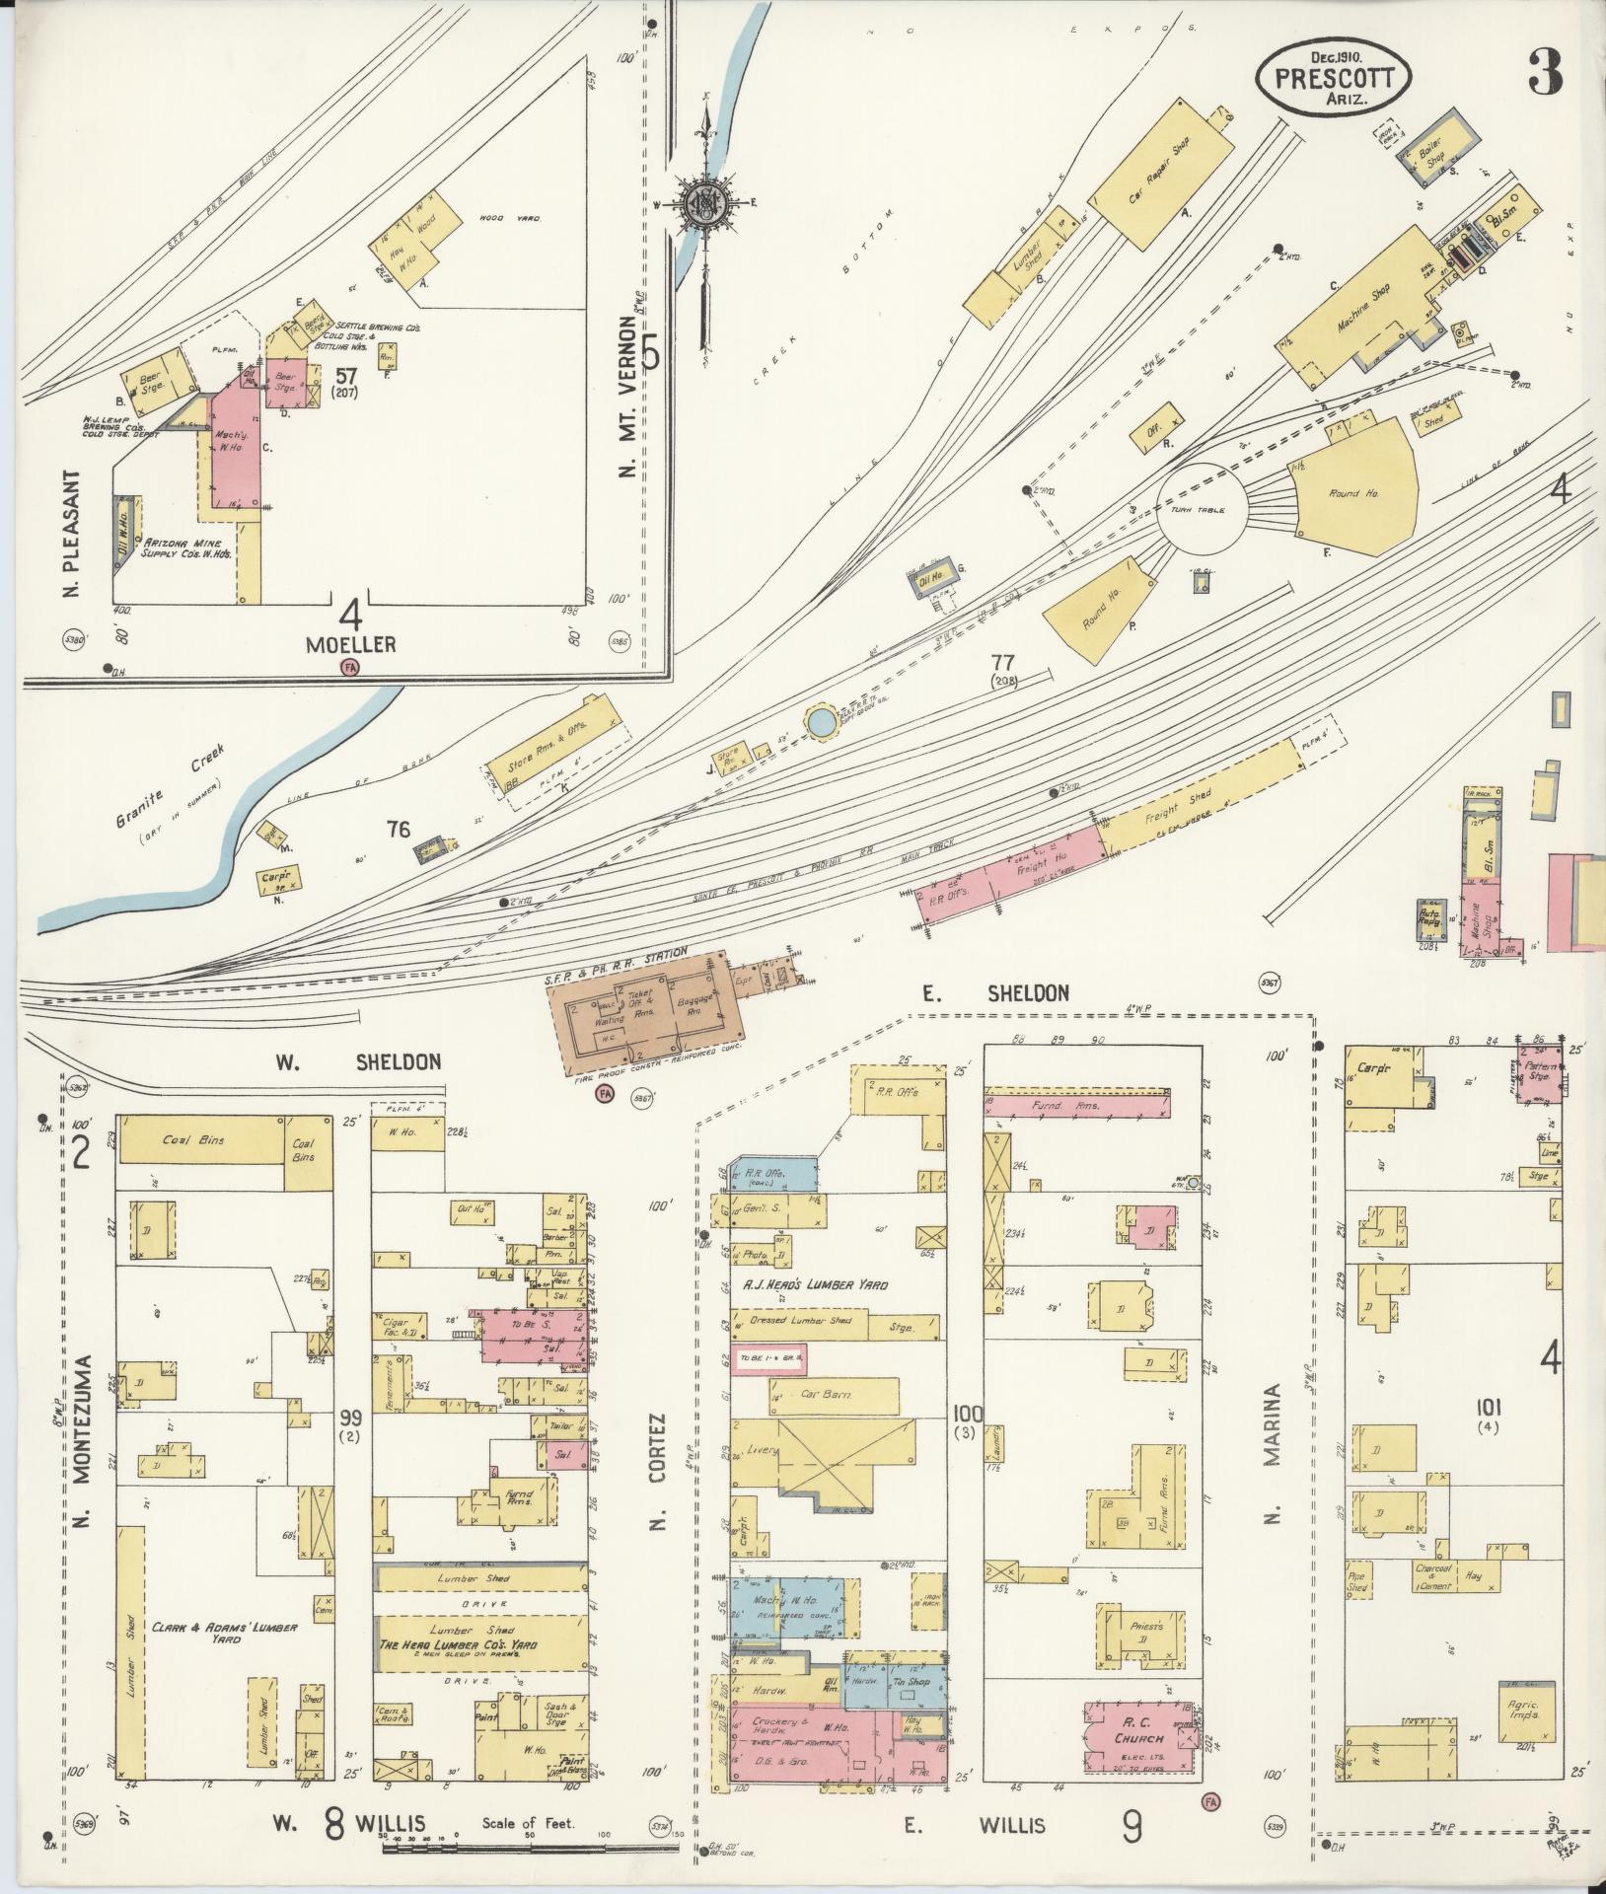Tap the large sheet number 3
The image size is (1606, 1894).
tap(1545, 72)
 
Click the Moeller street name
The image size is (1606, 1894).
tap(350, 645)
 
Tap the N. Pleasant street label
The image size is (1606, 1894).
tap(81, 536)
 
